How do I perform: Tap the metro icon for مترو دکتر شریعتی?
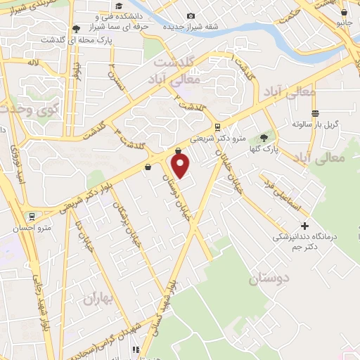pyautogui.click(x=217, y=127)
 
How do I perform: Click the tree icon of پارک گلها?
pyautogui.click(x=264, y=138)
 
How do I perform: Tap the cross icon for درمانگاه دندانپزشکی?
pyautogui.click(x=304, y=226)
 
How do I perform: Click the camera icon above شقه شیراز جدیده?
pyautogui.click(x=191, y=16)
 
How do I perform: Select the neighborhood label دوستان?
pyautogui.click(x=268, y=279)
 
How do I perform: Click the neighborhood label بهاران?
pyautogui.click(x=98, y=299)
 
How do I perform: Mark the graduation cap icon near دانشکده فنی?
pyautogui.click(x=76, y=29)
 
